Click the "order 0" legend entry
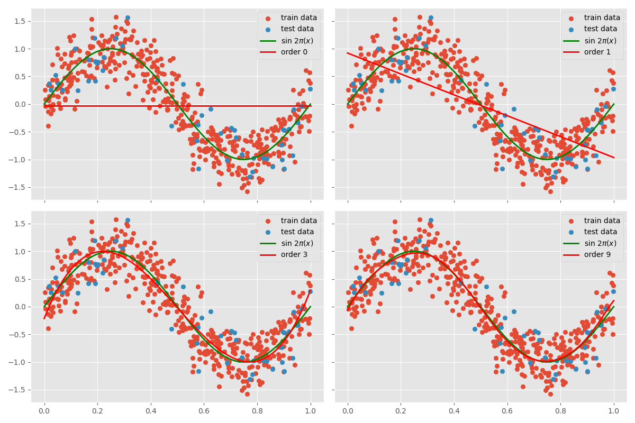(x=292, y=52)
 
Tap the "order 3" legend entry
(x=292, y=254)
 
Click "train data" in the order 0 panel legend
(x=298, y=18)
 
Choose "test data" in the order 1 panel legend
(x=601, y=29)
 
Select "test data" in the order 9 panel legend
(x=601, y=232)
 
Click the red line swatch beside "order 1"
(x=570, y=52)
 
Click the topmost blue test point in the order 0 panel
(x=128, y=18)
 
